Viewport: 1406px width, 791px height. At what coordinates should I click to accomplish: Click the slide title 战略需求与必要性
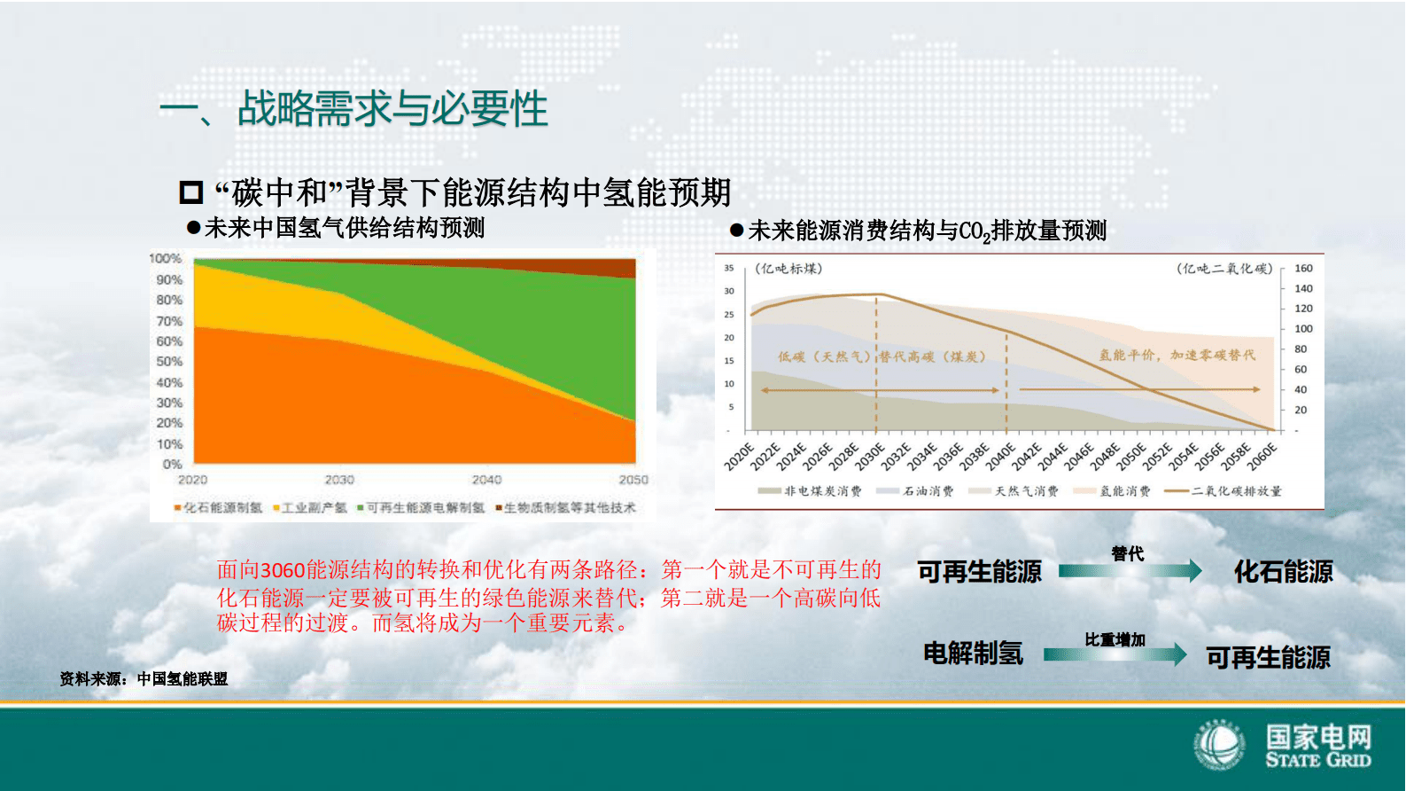pos(392,109)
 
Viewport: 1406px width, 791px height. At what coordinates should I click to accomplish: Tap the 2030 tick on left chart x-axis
pos(339,480)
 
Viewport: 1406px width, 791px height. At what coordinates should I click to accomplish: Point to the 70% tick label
pos(169,321)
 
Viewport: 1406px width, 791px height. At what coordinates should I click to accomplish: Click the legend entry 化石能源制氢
pos(221,508)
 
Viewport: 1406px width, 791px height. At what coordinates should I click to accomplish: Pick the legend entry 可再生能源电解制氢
pos(424,508)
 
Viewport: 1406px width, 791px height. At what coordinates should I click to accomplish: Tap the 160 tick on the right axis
pos(1303,268)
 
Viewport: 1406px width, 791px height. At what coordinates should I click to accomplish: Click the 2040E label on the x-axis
pos(1000,457)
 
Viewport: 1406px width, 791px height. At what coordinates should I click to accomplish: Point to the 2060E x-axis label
pos(1262,457)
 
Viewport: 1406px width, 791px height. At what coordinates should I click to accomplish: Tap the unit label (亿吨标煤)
pos(788,269)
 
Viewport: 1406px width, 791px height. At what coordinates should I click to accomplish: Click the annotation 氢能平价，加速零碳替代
pos(1177,355)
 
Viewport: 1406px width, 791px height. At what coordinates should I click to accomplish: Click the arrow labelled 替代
pos(1130,571)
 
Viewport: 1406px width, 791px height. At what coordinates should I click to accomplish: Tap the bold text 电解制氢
pos(973,654)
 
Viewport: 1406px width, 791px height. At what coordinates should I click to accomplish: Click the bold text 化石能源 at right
pos(1283,572)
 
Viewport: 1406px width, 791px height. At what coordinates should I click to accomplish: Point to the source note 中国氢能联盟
pos(182,679)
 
